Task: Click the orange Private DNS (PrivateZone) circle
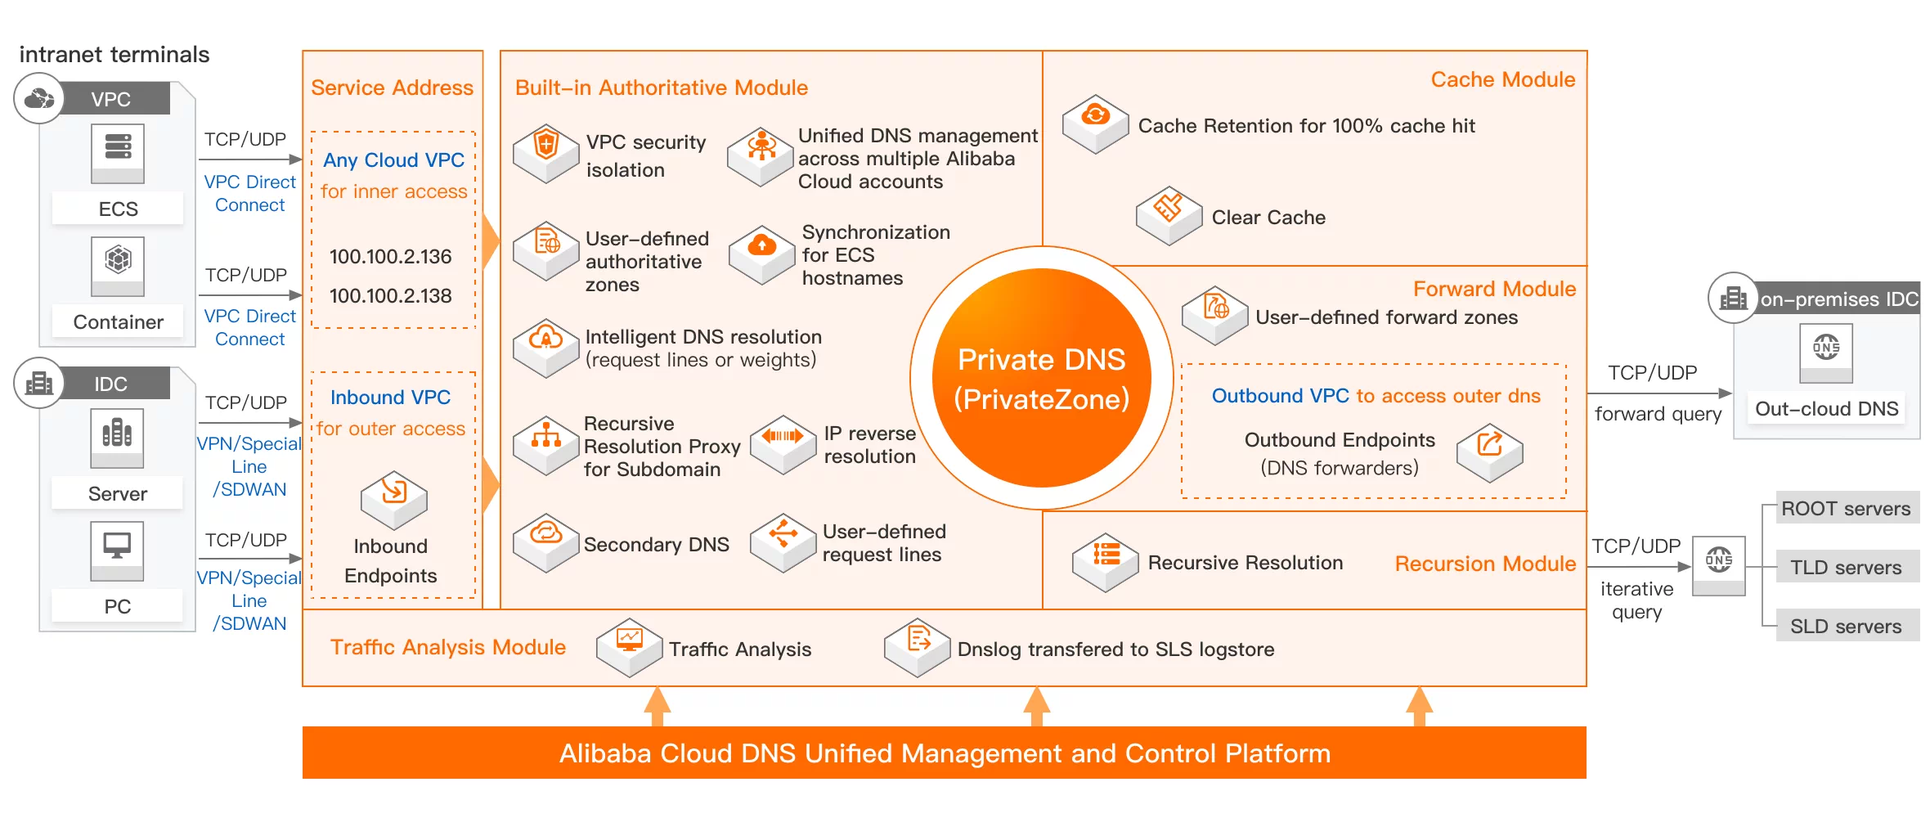pyautogui.click(x=1041, y=378)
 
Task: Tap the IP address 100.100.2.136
pyautogui.click(x=390, y=257)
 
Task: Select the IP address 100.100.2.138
pyautogui.click(x=390, y=296)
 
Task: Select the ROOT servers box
pyautogui.click(x=1846, y=509)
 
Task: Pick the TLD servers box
pyautogui.click(x=1846, y=568)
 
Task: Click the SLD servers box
pyautogui.click(x=1846, y=627)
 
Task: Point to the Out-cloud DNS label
pyautogui.click(x=1826, y=409)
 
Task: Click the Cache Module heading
pyautogui.click(x=1502, y=80)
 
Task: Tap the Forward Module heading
pyautogui.click(x=1494, y=290)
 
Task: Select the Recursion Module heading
pyautogui.click(x=1485, y=564)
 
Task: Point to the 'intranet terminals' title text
pyautogui.click(x=114, y=55)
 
